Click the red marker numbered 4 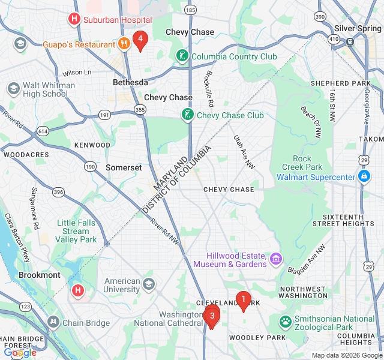coord(140,40)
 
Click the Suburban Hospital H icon coord(74,20)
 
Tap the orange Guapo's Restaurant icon coord(124,43)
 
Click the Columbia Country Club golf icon coord(182,56)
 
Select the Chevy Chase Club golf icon coord(188,115)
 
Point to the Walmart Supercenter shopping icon coord(364,177)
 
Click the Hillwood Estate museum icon coord(275,259)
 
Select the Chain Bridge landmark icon coord(54,323)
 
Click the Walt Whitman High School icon coord(13,89)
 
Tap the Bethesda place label coord(130,82)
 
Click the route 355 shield coord(140,109)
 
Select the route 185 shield coord(191,10)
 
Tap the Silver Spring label coord(358,28)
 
